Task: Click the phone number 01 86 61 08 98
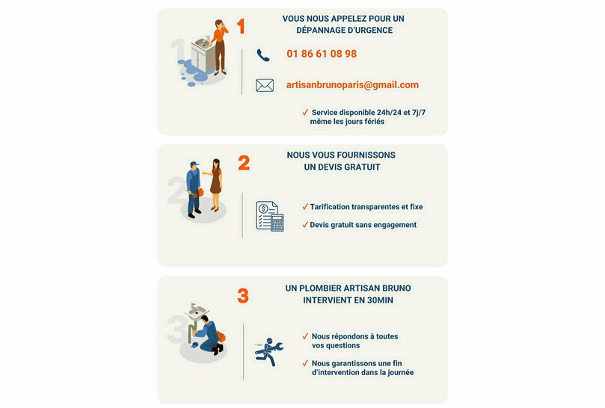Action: (322, 54)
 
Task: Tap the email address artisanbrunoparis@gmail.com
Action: (352, 85)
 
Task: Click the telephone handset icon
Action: (263, 55)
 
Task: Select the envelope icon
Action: (265, 86)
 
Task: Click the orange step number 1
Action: (241, 27)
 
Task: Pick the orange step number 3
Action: (243, 296)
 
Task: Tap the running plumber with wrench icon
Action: (268, 351)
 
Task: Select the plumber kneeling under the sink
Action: (207, 336)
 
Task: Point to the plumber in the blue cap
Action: (194, 188)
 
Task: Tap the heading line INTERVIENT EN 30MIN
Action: (348, 300)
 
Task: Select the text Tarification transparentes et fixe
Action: (366, 207)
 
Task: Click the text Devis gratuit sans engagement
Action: (363, 225)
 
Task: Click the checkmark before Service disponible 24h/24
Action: (305, 112)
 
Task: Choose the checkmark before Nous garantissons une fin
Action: (305, 363)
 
